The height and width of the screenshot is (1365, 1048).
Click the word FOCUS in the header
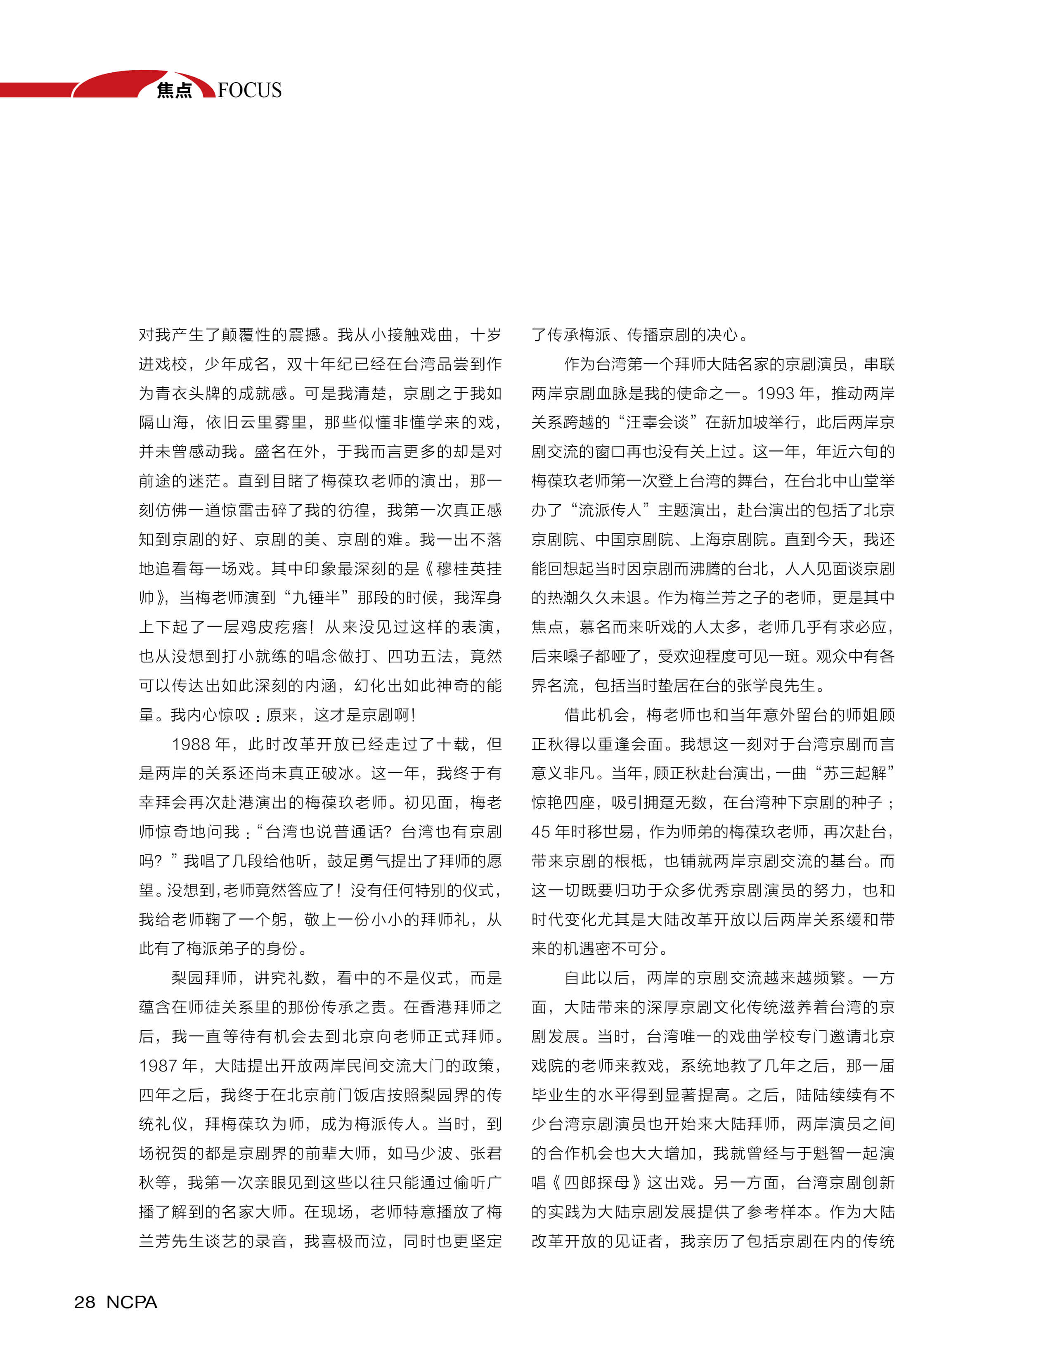250,90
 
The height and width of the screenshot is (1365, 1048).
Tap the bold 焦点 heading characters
174,90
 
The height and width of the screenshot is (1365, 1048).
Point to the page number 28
85,1302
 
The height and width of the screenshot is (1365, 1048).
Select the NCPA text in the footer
132,1302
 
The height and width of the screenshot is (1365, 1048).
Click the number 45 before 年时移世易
540,832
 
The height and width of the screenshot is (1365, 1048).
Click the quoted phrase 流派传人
610,510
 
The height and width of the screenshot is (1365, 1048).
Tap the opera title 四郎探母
595,1182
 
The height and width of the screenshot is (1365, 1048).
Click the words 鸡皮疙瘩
275,627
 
